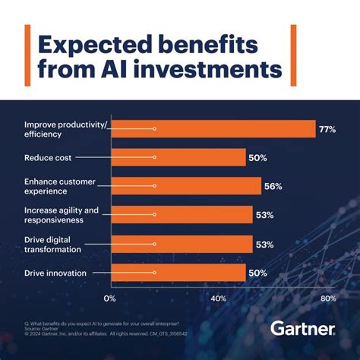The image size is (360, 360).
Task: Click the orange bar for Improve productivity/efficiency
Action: [213, 130]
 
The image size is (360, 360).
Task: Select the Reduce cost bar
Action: [178, 158]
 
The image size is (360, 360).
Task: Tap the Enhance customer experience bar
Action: [186, 187]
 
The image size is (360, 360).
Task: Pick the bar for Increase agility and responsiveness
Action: [182, 215]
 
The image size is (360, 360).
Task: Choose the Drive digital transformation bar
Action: [182, 244]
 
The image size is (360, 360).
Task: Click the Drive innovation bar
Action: [178, 273]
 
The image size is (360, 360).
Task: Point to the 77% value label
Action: [327, 130]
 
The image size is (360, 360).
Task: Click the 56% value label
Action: [273, 187]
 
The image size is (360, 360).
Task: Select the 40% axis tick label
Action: [218, 298]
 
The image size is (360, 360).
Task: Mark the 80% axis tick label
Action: [327, 298]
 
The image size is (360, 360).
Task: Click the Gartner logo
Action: [302, 329]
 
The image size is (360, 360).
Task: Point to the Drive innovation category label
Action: [55, 273]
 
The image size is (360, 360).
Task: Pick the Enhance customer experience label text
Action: [61, 187]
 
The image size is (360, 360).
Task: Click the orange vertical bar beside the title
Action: [28, 57]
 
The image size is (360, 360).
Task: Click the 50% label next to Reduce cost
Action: [257, 158]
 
